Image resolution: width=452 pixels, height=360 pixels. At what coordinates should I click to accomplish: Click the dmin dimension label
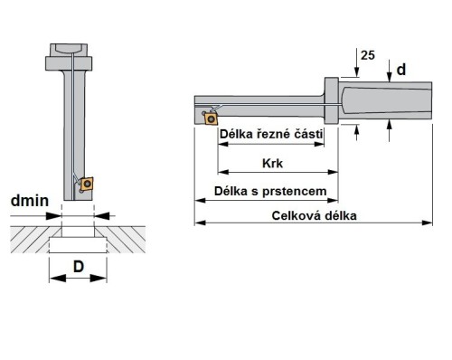click(x=30, y=202)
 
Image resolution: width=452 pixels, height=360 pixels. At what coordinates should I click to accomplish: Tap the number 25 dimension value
click(x=365, y=55)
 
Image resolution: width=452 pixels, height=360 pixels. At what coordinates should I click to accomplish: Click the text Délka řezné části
click(x=272, y=135)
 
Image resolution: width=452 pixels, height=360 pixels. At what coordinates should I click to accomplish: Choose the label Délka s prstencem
click(x=264, y=192)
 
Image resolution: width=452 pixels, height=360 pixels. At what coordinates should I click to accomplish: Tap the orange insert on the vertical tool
click(x=87, y=185)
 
